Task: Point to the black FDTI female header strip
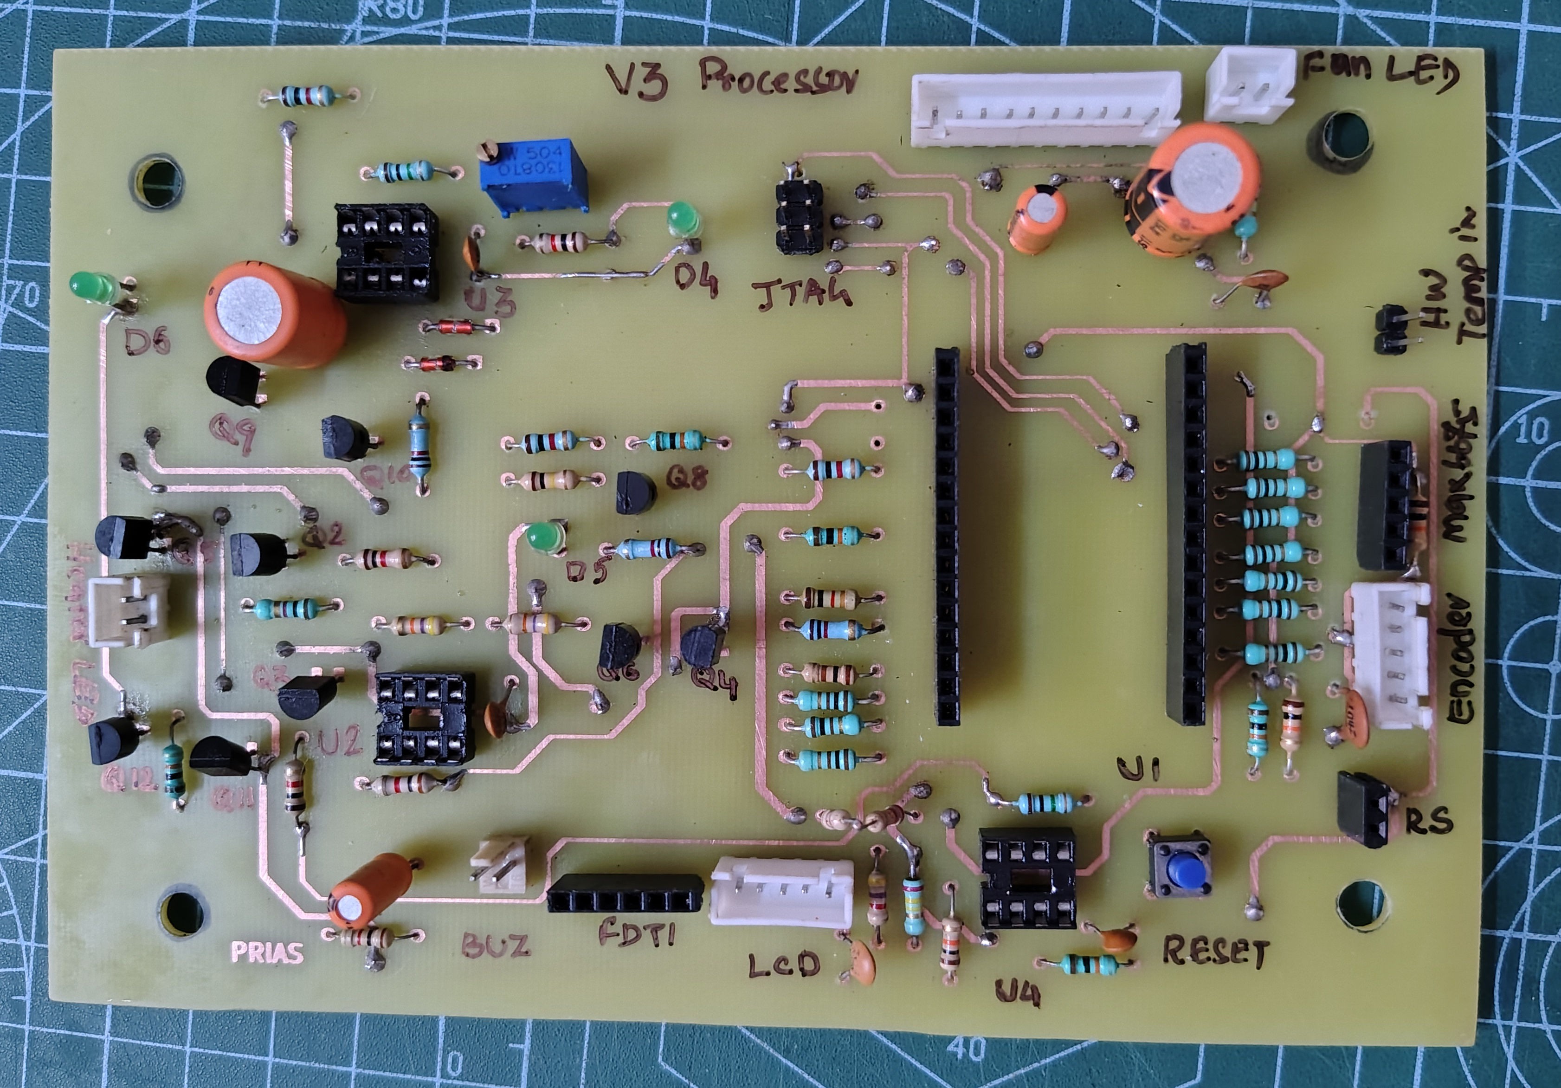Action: pos(624,895)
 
